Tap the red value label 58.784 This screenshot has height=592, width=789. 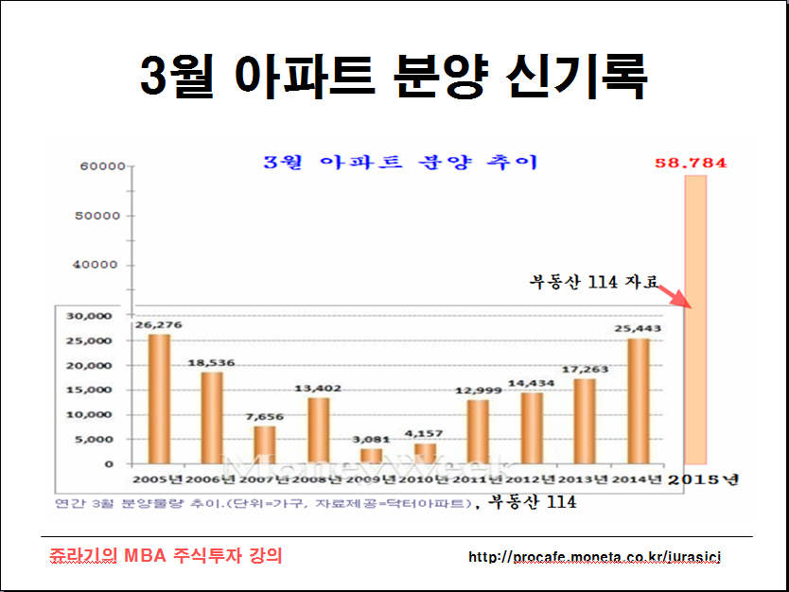(x=693, y=163)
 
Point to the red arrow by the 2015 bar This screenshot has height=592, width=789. (x=676, y=295)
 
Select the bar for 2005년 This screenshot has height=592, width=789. (x=160, y=398)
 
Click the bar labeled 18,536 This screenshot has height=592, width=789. (x=212, y=417)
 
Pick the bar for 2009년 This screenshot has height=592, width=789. (x=372, y=455)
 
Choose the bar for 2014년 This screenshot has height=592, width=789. (x=639, y=400)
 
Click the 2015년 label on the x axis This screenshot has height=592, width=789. (x=703, y=479)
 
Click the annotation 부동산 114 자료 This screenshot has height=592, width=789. (x=591, y=281)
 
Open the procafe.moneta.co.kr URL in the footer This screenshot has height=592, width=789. (x=594, y=557)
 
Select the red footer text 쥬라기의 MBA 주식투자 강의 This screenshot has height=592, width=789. (x=167, y=555)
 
